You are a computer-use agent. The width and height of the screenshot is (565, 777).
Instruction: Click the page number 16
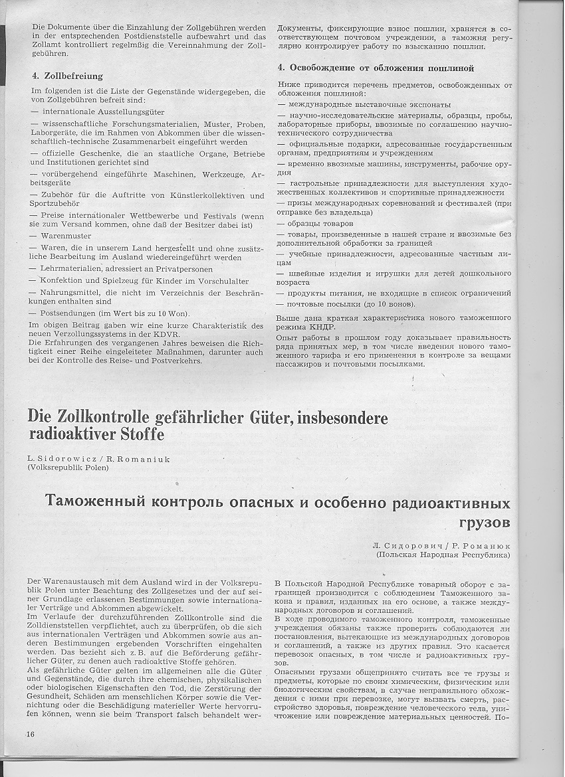click(x=31, y=733)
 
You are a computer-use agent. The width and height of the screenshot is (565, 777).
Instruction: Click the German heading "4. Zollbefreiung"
click(x=68, y=76)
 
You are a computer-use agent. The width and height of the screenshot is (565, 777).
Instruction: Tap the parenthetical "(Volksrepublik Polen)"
click(x=68, y=468)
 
